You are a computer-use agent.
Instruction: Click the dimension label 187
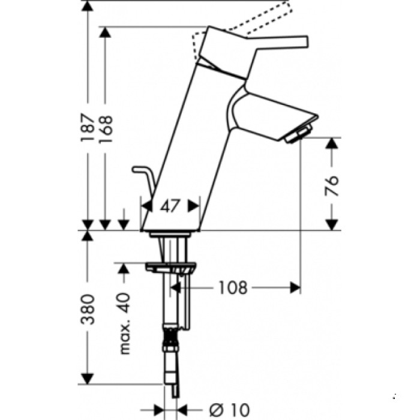88,127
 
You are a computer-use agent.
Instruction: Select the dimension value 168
106,127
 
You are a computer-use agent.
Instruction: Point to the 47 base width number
170,206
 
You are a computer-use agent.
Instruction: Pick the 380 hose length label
88,309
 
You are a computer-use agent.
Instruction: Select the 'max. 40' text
124,324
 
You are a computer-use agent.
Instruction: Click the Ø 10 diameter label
230,409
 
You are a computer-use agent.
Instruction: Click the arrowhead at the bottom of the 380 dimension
88,379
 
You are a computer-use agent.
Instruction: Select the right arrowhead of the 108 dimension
295,288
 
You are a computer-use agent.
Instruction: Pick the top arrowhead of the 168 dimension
106,33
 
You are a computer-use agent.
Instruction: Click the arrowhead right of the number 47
193,206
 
